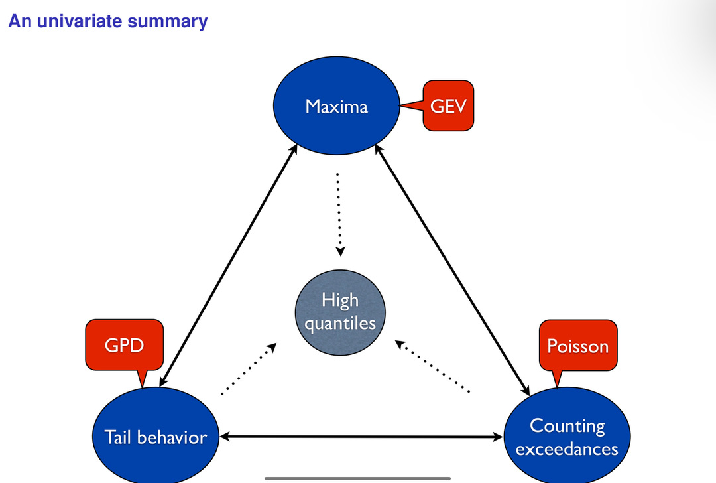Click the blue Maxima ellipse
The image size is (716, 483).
coord(337,106)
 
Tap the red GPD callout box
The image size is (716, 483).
coord(124,344)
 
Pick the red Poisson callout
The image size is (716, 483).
coord(577,346)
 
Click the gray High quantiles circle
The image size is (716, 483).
coord(339,312)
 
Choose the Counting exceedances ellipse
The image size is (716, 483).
coord(567,437)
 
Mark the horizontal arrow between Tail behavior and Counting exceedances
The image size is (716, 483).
coord(361,437)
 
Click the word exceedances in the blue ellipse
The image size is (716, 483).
coord(567,449)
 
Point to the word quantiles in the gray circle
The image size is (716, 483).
coord(340,323)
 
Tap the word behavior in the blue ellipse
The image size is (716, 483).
coord(174,437)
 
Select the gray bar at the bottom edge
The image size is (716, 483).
coord(358,478)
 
